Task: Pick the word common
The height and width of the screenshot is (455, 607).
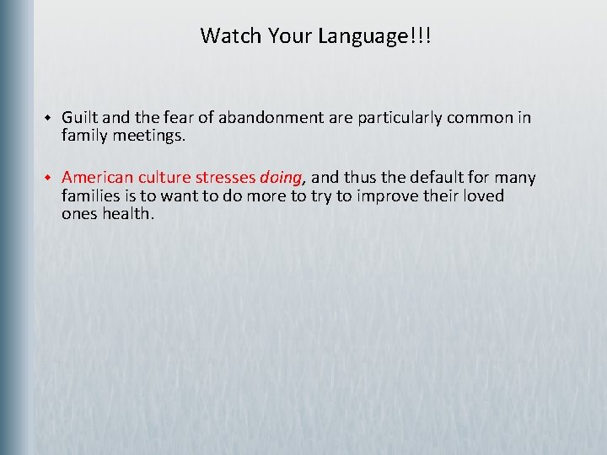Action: [481, 118]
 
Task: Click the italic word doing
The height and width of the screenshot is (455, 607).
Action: [281, 179]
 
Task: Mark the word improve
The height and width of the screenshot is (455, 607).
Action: [394, 196]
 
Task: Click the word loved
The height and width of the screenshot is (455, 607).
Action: [482, 195]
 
